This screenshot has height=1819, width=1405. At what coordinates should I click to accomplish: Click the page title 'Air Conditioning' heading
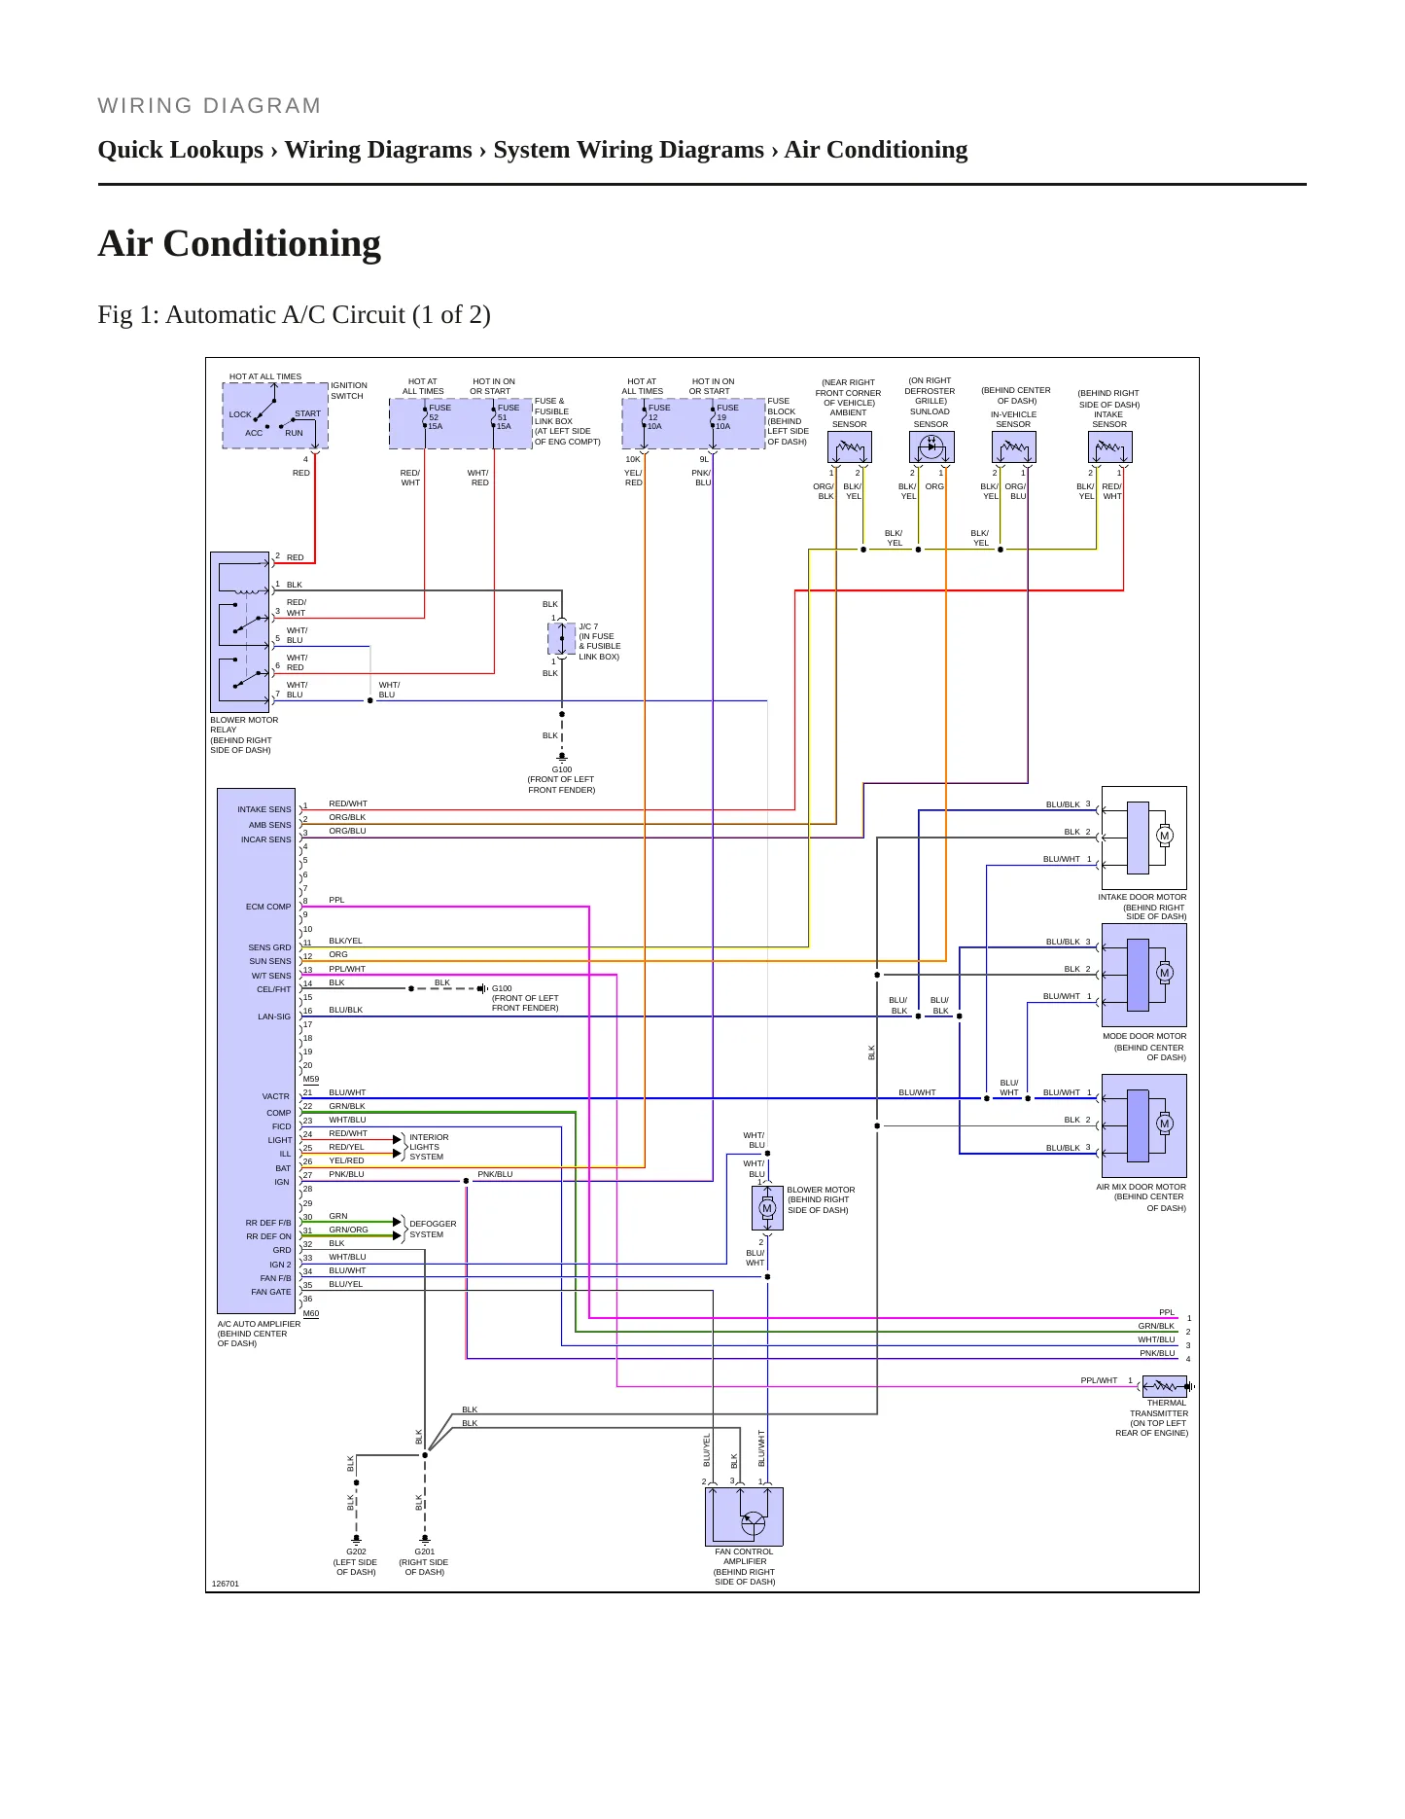click(239, 243)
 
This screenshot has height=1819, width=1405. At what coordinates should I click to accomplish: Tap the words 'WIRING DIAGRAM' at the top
click(209, 106)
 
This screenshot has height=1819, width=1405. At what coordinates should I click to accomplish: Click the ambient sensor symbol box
click(850, 447)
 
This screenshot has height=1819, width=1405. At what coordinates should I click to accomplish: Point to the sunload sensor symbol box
click(931, 447)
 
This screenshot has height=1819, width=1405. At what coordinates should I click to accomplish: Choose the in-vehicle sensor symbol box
click(1014, 447)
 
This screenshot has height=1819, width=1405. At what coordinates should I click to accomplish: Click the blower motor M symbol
click(767, 1208)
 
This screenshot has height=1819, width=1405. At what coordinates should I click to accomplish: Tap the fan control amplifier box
click(744, 1516)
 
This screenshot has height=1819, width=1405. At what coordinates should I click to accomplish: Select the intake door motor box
click(1143, 838)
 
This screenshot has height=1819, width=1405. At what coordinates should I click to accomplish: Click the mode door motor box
click(1143, 975)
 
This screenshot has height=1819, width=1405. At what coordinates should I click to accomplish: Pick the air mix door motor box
click(1143, 1125)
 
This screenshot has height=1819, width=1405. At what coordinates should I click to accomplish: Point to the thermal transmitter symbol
click(1165, 1386)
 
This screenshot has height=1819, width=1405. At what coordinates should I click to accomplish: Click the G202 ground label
click(356, 1551)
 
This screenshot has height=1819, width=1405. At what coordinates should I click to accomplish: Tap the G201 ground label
click(425, 1551)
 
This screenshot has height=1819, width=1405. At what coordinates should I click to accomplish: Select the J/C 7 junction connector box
click(562, 639)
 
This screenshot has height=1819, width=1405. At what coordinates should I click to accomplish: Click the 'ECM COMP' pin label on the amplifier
click(268, 907)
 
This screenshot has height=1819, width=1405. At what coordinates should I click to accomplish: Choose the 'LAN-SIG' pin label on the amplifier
click(274, 1016)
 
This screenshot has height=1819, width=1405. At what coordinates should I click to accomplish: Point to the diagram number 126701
click(226, 1584)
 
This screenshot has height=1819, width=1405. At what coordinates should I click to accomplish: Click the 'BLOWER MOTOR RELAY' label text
click(244, 725)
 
